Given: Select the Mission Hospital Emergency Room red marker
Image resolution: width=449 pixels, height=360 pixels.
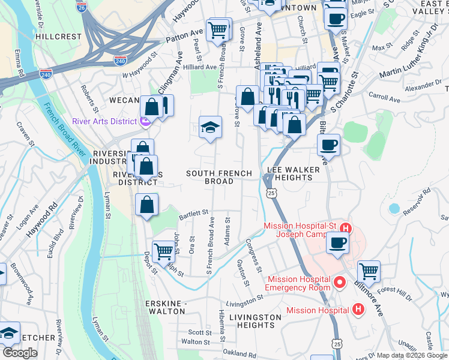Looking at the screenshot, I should point(339,281).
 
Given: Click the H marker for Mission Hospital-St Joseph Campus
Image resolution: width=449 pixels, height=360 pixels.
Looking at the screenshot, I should point(345,228).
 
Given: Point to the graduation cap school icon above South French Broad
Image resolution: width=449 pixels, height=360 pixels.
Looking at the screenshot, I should point(210,127).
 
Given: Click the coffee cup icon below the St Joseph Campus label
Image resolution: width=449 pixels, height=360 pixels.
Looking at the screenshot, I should point(337,244).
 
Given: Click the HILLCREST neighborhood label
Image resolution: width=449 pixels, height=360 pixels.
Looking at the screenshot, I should point(58,37).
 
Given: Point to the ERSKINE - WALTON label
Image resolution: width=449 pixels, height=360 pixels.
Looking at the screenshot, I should point(166,307).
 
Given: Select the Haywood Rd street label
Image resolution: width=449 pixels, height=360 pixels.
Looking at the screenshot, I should point(41,218).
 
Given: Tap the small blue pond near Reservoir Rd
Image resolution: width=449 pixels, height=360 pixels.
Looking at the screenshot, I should point(394,209).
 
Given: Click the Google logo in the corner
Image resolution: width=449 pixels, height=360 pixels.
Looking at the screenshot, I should point(20,353).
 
